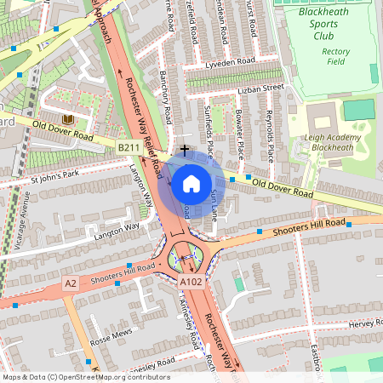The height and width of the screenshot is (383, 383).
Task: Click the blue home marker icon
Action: [x=191, y=183]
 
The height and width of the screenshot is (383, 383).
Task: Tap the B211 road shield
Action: [x=129, y=148]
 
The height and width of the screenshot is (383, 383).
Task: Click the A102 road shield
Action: [x=191, y=281]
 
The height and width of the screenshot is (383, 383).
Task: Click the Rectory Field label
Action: [x=335, y=56]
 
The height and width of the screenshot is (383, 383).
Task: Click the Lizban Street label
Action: [x=260, y=87]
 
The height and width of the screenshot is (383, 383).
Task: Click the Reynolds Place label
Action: [x=270, y=133]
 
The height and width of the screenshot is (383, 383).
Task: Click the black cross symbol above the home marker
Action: [x=184, y=150]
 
